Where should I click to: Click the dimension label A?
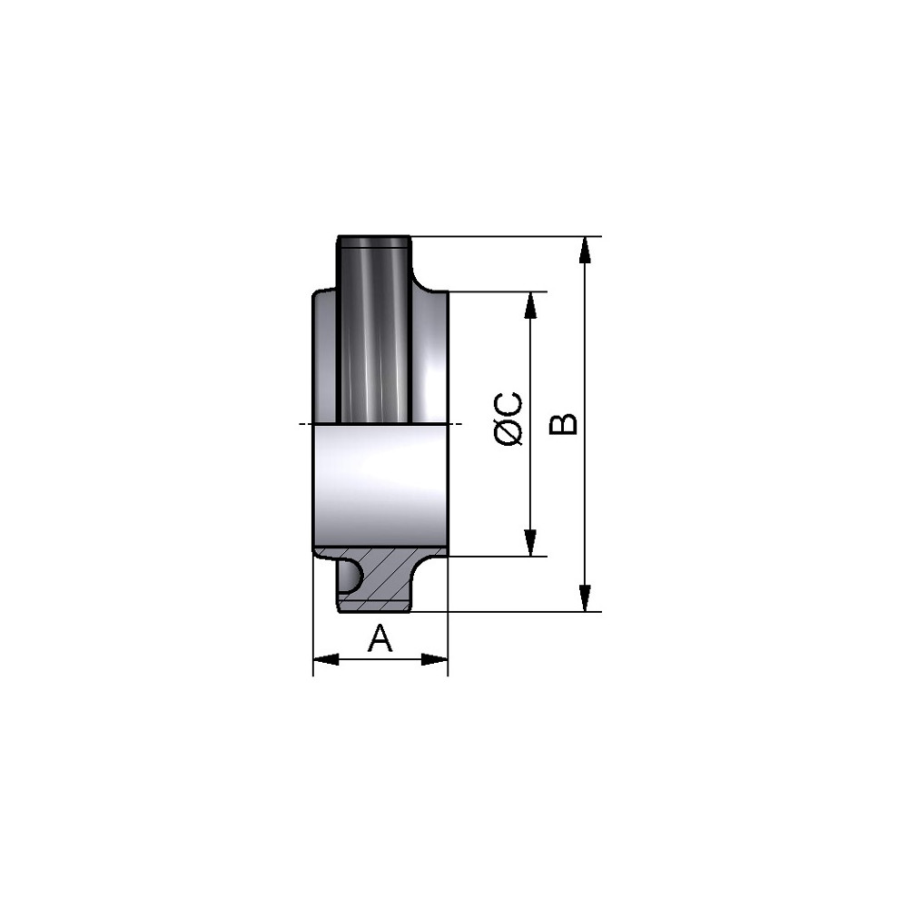coord(380,638)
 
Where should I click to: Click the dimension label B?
coord(563,424)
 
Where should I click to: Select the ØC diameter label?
coord(509,419)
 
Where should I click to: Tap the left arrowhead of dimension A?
coord(326,659)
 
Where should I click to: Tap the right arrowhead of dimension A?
coord(435,659)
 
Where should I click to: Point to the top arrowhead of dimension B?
coord(586,251)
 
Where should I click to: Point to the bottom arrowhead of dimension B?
coord(586,598)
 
